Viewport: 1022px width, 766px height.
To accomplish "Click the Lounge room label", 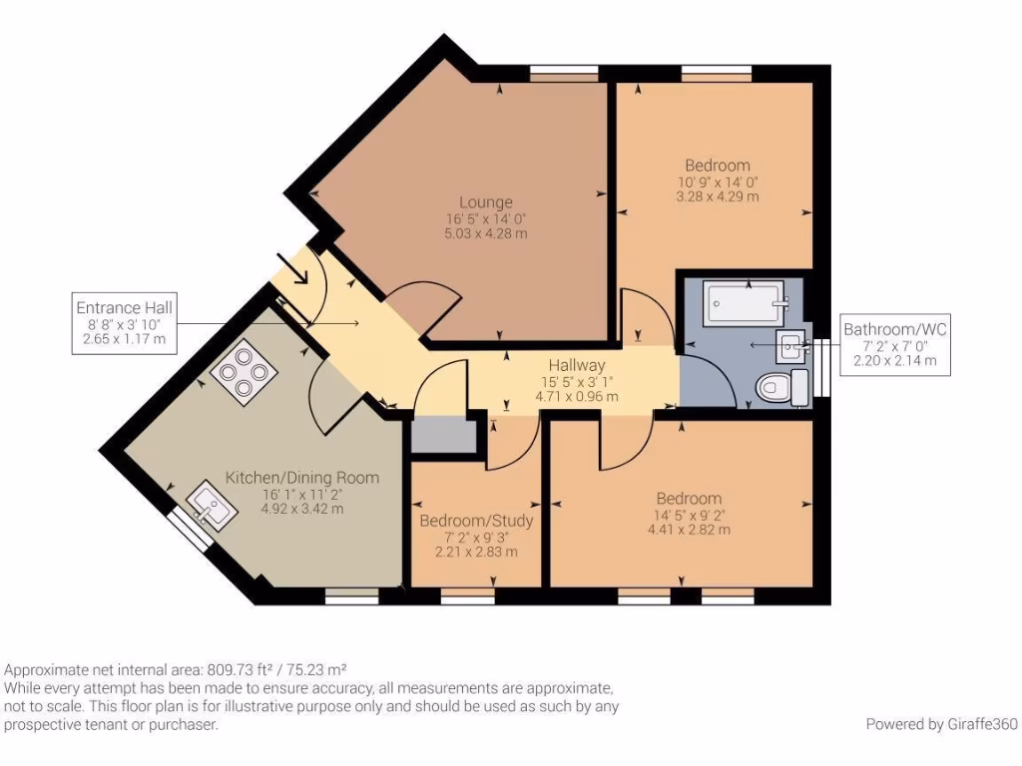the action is [x=486, y=202].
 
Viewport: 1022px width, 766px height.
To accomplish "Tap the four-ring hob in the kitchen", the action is [x=244, y=373].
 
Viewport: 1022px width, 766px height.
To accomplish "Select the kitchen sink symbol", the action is [x=212, y=507].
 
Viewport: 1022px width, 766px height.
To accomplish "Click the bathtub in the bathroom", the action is [x=745, y=302].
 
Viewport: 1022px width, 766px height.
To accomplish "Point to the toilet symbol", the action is [x=781, y=387].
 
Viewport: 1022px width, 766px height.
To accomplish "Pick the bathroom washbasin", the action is [x=791, y=346].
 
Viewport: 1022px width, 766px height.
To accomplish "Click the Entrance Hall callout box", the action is [x=125, y=323].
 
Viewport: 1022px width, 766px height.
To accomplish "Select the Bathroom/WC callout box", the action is [x=895, y=345].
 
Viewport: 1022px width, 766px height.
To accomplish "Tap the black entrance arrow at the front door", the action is [x=292, y=269].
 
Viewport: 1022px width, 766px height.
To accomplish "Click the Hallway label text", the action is [x=577, y=365].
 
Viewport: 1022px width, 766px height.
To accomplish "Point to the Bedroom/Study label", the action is [x=476, y=521].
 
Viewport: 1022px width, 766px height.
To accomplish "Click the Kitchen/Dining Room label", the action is [x=302, y=478].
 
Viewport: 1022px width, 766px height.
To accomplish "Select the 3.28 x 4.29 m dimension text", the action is [x=718, y=196].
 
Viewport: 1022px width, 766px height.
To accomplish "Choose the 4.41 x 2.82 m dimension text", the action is [x=689, y=530].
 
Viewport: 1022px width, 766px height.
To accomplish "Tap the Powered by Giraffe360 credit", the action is [x=942, y=724].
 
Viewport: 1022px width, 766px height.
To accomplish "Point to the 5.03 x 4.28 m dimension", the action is [x=486, y=233].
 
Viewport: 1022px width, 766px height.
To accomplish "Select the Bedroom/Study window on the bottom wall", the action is [x=467, y=596].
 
